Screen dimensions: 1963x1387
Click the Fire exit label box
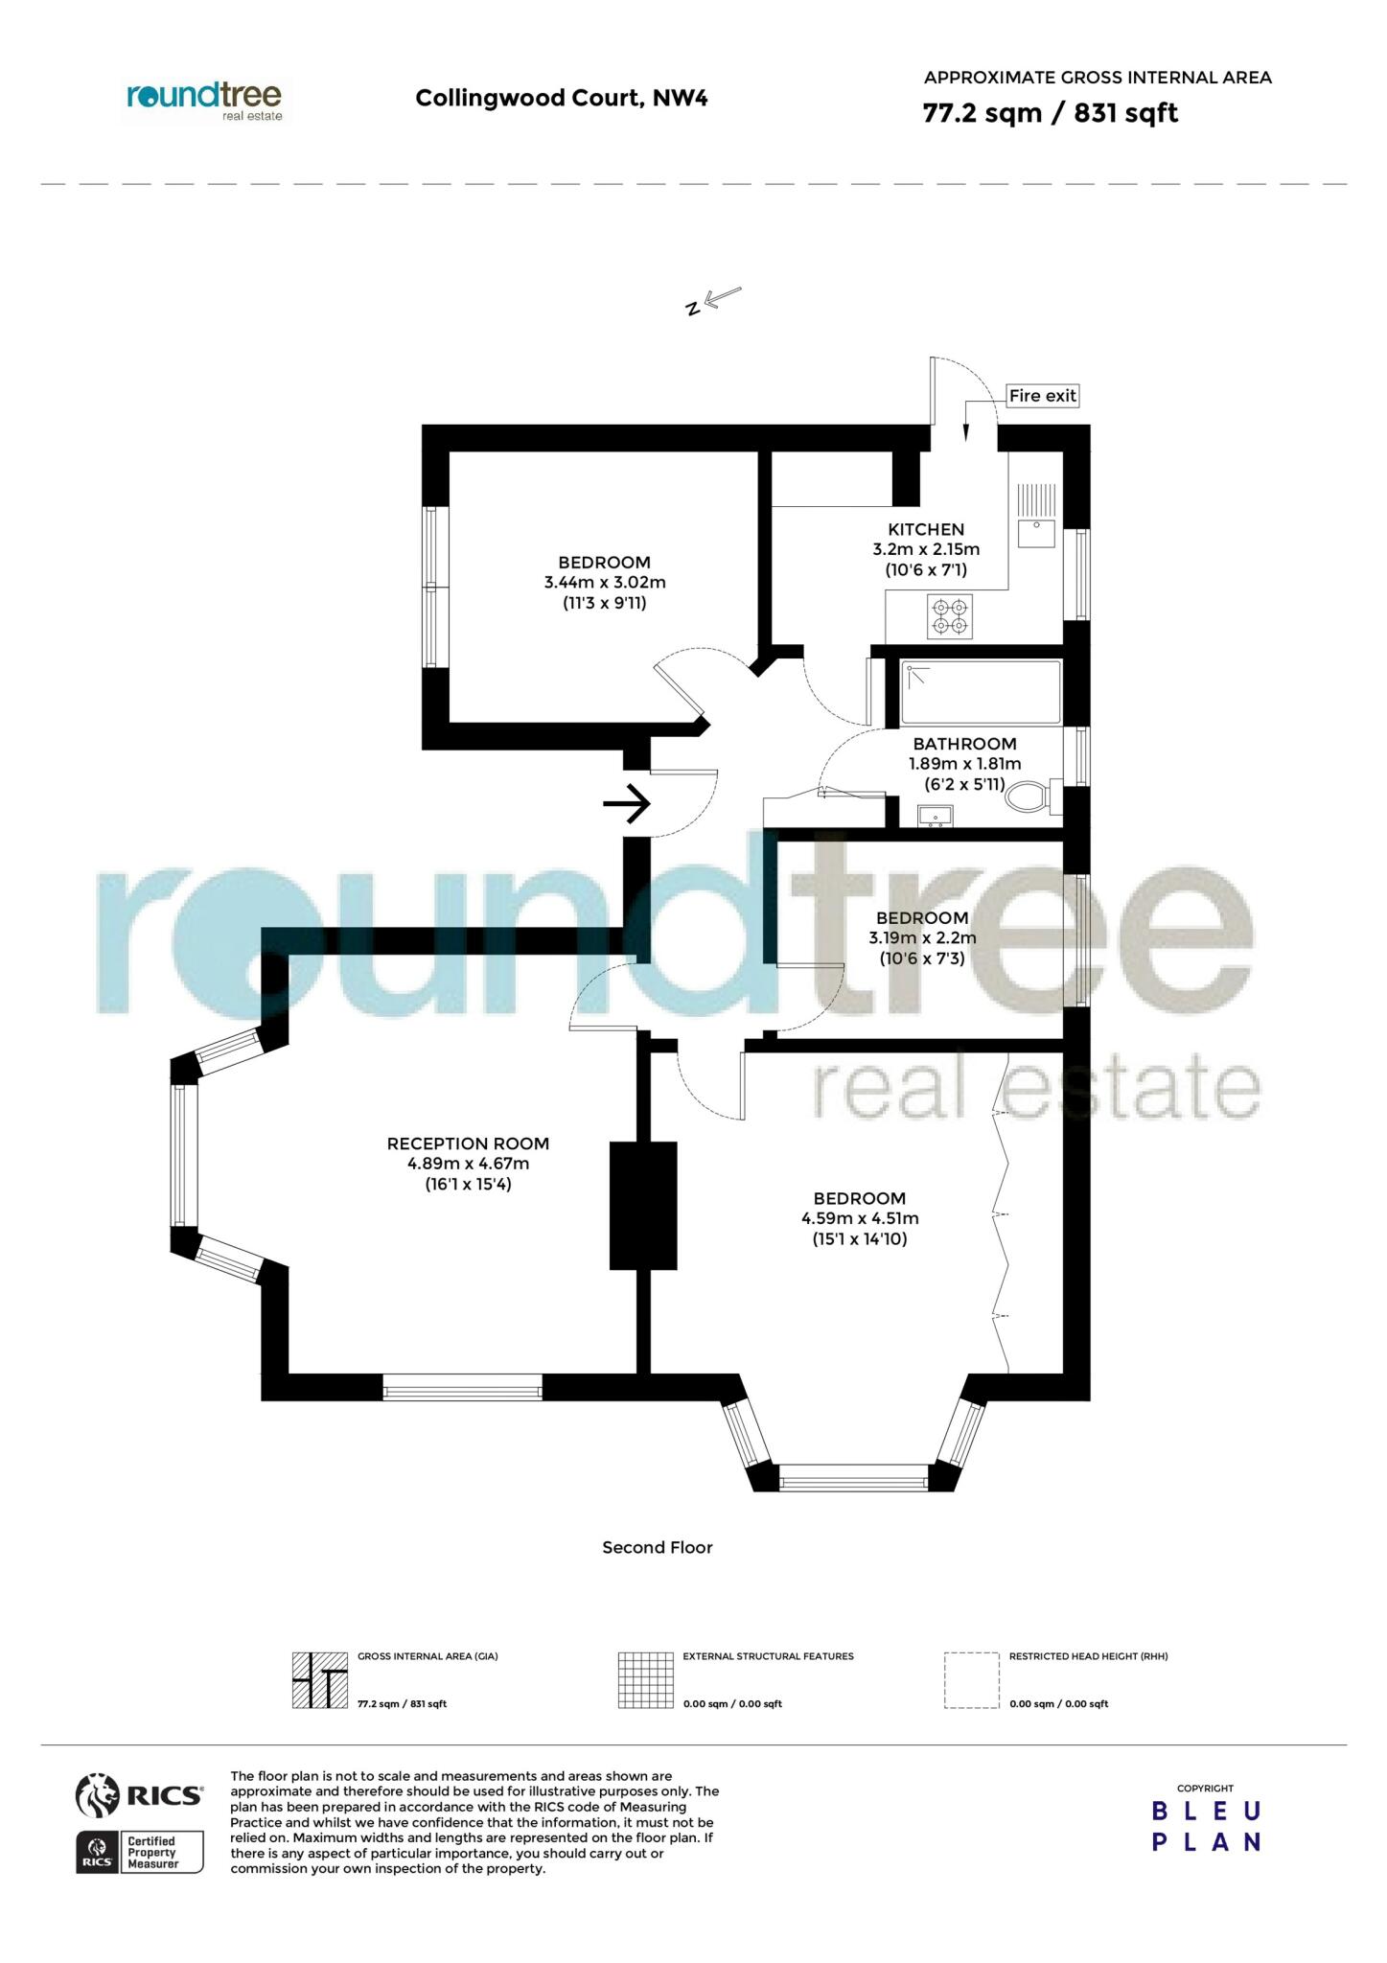(x=1042, y=395)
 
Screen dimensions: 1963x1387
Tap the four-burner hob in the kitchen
(x=950, y=616)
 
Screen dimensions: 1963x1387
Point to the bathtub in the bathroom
(x=981, y=692)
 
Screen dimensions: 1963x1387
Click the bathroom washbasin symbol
(x=936, y=816)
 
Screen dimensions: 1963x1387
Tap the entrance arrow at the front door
(x=627, y=803)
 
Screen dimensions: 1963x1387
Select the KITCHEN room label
(x=926, y=529)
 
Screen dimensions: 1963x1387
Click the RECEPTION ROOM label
(x=468, y=1143)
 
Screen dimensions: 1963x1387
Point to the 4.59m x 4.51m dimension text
(x=860, y=1219)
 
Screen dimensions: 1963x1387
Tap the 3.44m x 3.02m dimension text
(x=605, y=583)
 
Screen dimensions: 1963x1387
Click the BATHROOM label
(x=964, y=744)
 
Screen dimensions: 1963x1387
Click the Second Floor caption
(x=658, y=1547)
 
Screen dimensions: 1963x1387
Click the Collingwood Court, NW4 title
(x=562, y=98)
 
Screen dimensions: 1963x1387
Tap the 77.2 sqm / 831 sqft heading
(x=1050, y=113)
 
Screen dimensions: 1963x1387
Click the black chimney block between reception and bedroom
(x=643, y=1205)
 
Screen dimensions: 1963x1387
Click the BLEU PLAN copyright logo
(x=1206, y=1827)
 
